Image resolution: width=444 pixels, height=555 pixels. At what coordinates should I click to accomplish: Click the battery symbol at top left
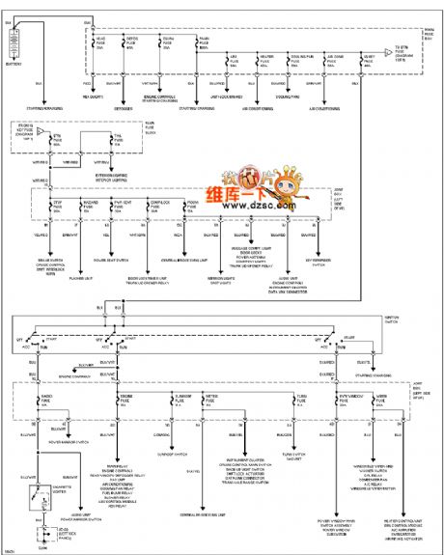tap(14, 44)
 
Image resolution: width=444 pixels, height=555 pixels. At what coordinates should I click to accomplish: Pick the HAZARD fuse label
tap(87, 205)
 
